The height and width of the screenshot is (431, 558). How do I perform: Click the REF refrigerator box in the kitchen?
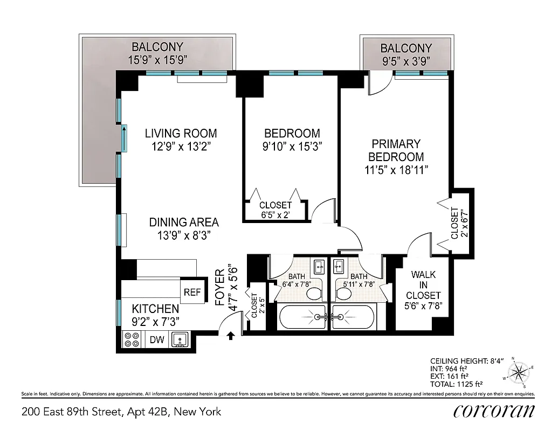click(x=192, y=293)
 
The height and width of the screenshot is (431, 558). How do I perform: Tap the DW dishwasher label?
click(x=156, y=339)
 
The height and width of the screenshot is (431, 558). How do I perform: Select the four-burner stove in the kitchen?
click(x=132, y=339)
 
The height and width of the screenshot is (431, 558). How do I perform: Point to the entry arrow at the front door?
click(x=231, y=336)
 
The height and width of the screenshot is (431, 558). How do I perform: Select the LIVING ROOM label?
click(x=181, y=134)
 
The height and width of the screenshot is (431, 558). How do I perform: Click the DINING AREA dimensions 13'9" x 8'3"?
click(x=184, y=235)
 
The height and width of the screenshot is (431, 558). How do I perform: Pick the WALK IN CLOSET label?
click(x=423, y=285)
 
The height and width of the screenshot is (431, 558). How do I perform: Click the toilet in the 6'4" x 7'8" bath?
click(x=313, y=294)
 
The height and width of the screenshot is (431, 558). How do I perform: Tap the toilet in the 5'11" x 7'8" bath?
click(x=344, y=294)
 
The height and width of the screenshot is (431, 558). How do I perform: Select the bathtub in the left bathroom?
click(x=302, y=317)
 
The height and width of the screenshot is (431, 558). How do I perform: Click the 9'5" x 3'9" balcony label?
click(x=405, y=60)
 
